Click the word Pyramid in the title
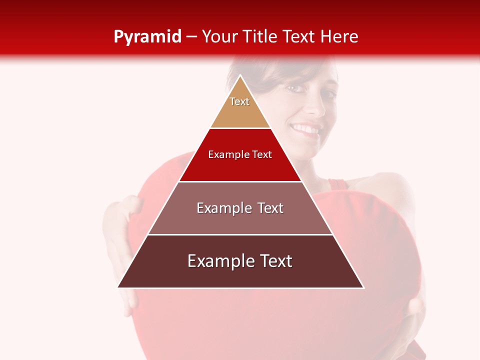[147, 37]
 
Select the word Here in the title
[339, 37]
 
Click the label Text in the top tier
[239, 101]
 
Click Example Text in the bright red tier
[240, 154]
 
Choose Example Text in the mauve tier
[240, 208]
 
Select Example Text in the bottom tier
[240, 261]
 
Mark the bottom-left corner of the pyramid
[118, 287]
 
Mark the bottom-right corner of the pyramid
[363, 287]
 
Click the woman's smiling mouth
[306, 130]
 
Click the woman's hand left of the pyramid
[120, 220]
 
